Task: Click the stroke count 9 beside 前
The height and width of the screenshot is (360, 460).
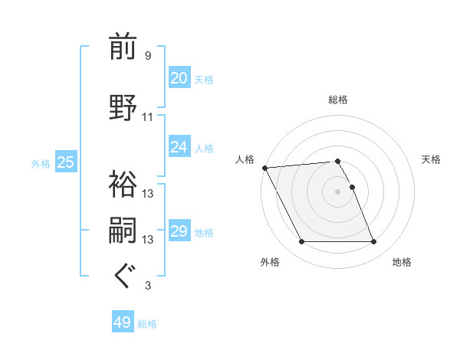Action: [x=148, y=56]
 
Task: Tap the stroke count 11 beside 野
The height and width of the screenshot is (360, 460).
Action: [x=148, y=117]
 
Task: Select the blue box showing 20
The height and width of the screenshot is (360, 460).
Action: [x=179, y=78]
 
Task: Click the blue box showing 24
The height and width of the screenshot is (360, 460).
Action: [x=179, y=147]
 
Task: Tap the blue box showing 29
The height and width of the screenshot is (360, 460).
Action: [x=179, y=231]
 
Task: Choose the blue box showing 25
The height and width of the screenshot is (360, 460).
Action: [x=65, y=162]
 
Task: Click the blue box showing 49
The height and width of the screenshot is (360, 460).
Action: [x=123, y=322]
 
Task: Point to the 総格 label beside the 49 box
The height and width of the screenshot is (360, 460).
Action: [x=147, y=324]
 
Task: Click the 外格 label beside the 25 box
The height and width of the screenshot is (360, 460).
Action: [x=41, y=163]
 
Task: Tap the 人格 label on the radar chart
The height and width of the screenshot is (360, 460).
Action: [x=245, y=159]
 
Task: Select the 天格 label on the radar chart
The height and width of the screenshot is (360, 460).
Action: [x=432, y=159]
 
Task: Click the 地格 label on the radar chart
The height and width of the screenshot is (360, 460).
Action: [x=402, y=262]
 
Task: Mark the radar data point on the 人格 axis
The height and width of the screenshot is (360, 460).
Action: [x=264, y=168]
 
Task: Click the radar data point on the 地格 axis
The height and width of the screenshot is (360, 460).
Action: [x=373, y=242]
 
